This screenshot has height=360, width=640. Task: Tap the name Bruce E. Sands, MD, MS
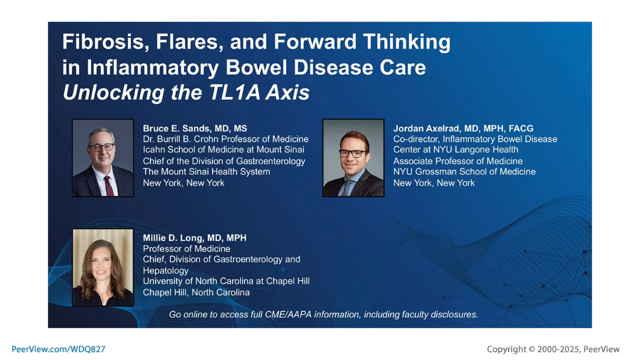195,128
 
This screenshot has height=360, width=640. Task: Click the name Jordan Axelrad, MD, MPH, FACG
463,128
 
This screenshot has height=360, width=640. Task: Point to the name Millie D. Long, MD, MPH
194,238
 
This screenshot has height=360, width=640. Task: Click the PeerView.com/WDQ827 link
58,349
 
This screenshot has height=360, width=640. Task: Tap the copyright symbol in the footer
532,349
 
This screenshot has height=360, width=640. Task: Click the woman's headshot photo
103,267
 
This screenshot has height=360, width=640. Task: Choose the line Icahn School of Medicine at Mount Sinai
223,150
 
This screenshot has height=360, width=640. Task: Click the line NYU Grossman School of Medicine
464,172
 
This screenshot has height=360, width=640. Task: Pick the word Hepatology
166,270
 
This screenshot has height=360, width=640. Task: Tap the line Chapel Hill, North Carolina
196,292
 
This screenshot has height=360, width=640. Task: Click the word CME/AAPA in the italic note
288,314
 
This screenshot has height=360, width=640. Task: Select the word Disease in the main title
333,67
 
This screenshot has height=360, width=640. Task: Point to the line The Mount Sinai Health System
206,172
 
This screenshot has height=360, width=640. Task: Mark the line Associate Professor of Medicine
457,161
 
